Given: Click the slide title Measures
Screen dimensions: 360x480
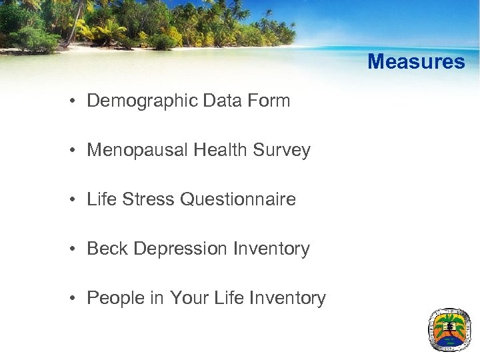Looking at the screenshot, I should (416, 62).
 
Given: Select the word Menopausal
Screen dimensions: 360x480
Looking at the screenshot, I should (138, 151).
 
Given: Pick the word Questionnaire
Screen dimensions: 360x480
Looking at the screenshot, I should (238, 199).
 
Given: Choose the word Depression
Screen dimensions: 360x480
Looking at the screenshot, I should (181, 249).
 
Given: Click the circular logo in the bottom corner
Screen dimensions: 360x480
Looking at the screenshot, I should (449, 329).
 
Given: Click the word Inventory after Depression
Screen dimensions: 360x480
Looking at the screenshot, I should (271, 249).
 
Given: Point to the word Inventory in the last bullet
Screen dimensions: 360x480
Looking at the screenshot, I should (287, 298).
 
